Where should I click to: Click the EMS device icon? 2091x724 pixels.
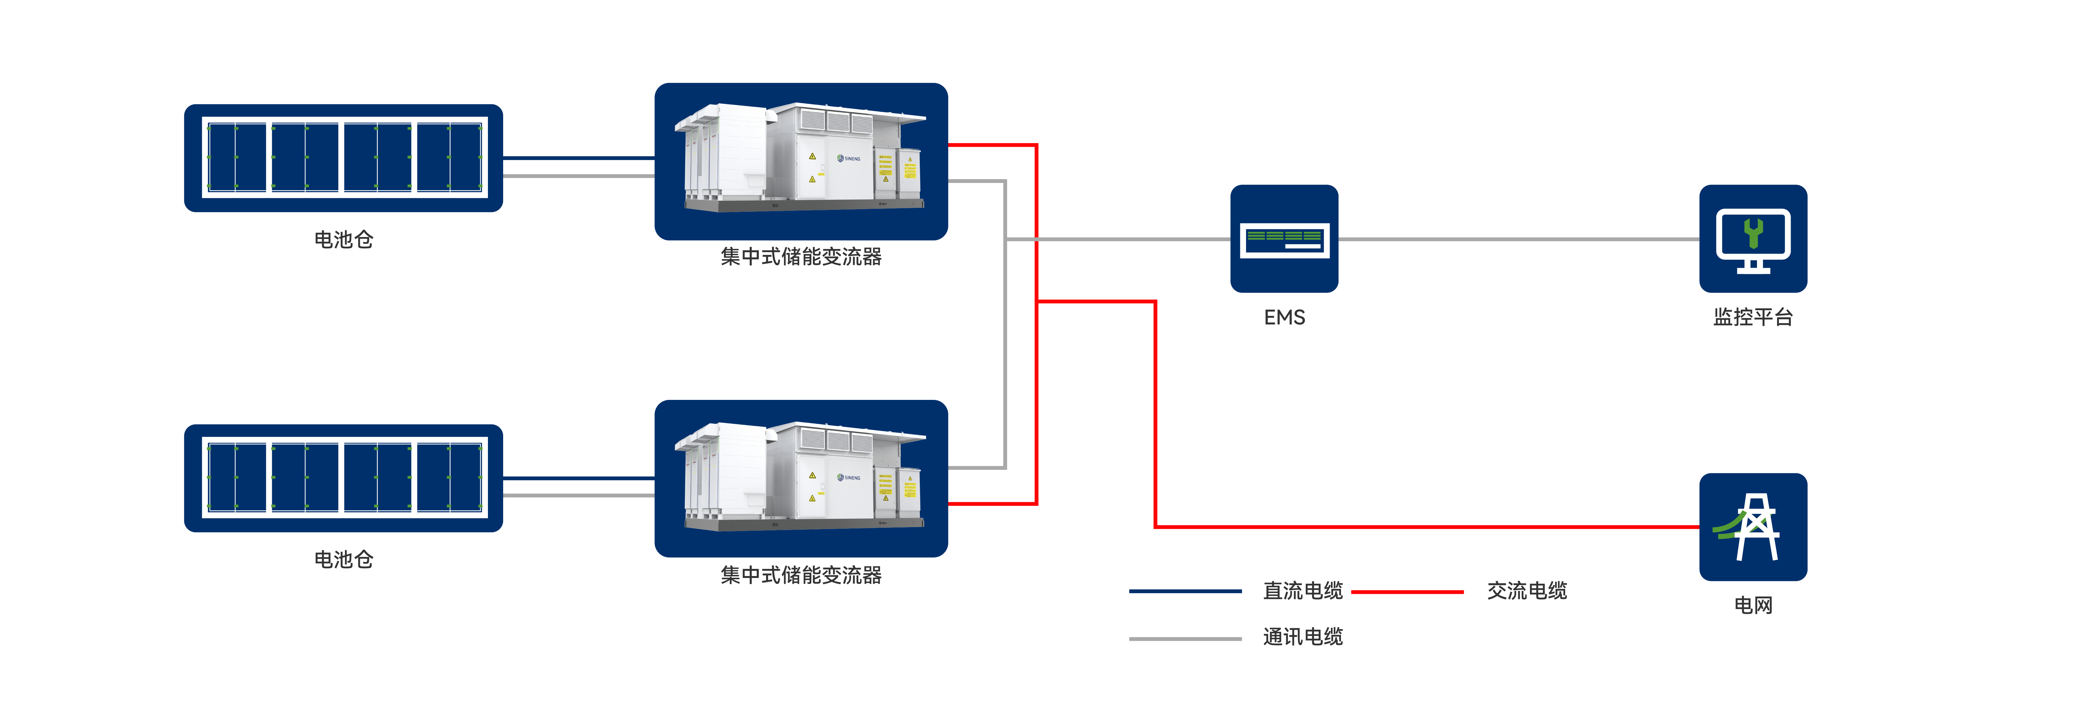[1284, 239]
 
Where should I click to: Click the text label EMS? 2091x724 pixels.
[1284, 317]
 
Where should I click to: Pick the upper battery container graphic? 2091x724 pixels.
[343, 157]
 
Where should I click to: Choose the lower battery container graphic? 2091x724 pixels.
[343, 478]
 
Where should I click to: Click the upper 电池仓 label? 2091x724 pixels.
[343, 239]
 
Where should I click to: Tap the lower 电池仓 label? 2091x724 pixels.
[343, 559]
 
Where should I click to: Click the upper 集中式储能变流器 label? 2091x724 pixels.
[801, 256]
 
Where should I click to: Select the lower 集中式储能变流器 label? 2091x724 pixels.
[801, 575]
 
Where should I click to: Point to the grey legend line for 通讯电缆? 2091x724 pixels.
[1185, 639]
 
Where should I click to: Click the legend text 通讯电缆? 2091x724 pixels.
[1303, 637]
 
